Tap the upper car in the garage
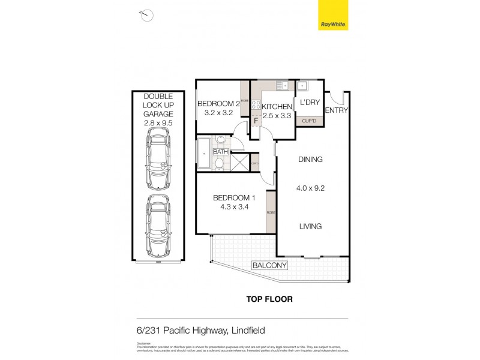pos(158,161)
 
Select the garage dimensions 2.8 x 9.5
pos(158,122)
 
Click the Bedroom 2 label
pos(218,103)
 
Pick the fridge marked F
pos(256,120)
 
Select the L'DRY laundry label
pos(310,103)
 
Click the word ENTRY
pos(336,110)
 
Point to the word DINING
pos(310,160)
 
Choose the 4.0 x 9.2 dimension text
pos(310,187)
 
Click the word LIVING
pos(310,226)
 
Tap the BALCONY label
pos(270,265)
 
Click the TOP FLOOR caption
pos(269,299)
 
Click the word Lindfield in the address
pos(247,331)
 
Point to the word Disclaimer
pos(144,344)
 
